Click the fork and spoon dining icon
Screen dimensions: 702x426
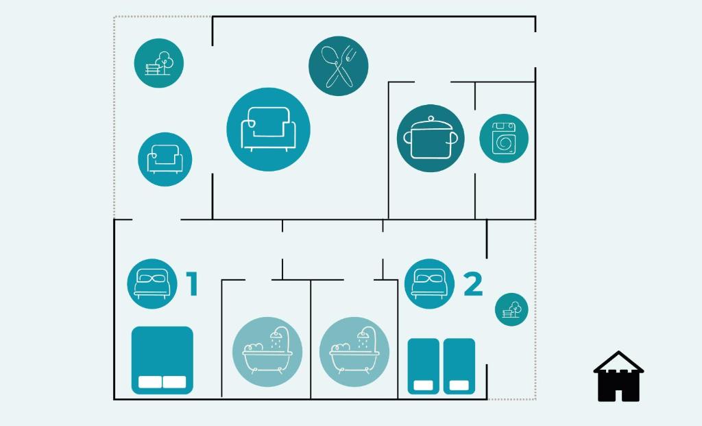(339, 66)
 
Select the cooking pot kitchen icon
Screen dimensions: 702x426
(431, 138)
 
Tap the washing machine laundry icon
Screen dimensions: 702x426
(504, 139)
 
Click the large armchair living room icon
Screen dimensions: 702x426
(268, 130)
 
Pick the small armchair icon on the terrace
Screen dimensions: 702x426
(165, 159)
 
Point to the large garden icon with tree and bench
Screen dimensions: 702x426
(159, 63)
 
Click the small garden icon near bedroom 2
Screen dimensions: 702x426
(511, 309)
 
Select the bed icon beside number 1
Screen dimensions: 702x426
(152, 283)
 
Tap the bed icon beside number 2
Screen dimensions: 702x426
(429, 283)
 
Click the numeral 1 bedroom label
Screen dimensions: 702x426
(193, 283)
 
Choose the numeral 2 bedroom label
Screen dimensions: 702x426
(473, 283)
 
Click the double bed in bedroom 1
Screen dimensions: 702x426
(162, 360)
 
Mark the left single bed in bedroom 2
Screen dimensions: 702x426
(423, 366)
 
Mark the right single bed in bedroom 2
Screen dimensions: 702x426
(459, 366)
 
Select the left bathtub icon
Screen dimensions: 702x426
(267, 352)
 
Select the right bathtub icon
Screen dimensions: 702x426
(354, 352)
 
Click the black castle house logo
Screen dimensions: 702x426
(618, 377)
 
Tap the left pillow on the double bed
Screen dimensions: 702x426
(150, 382)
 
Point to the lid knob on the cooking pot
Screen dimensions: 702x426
(431, 119)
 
